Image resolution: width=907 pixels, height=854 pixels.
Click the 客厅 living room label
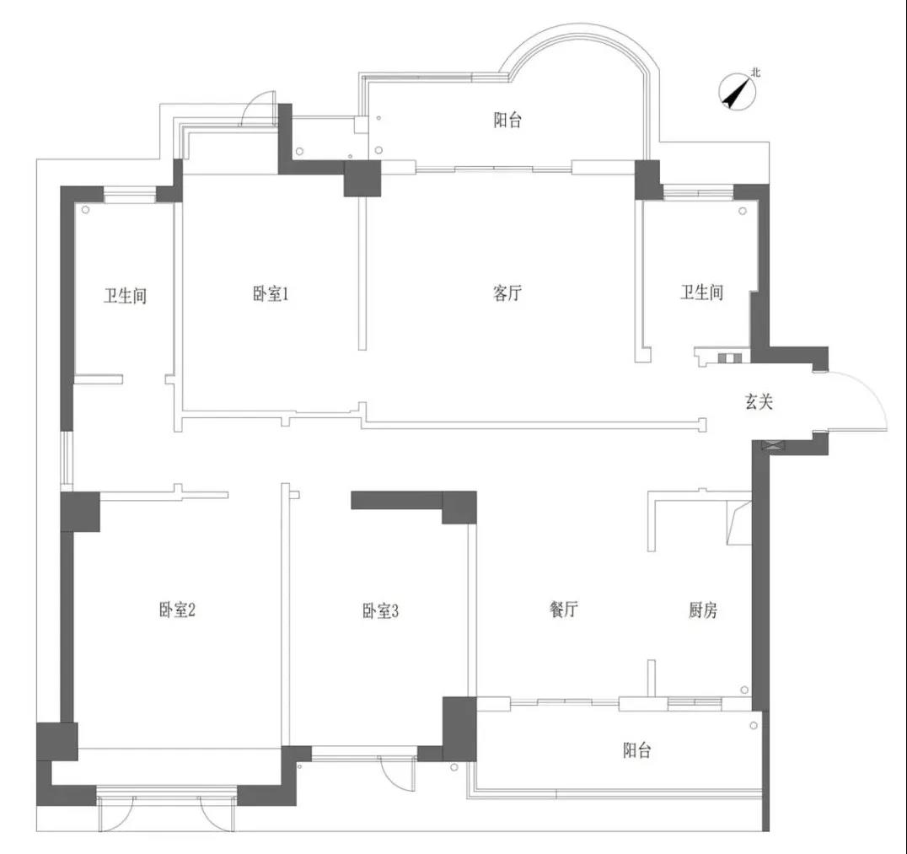507,293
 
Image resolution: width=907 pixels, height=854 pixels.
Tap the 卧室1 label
270,294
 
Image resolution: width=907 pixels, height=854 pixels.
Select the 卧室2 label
177,610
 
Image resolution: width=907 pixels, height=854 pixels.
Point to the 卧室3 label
381,610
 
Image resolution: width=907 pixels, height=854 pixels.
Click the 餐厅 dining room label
563,609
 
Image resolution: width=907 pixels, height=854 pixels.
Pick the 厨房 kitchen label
703,610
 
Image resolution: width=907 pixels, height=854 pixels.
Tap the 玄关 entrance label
759,401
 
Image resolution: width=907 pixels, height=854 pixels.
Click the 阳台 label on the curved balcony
507,120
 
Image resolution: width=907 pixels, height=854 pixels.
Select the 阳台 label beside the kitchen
637,750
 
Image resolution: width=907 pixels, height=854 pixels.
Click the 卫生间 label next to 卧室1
125,296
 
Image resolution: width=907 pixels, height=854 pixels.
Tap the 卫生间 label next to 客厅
701,293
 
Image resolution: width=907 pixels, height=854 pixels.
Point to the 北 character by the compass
756,73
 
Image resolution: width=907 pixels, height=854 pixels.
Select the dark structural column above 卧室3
459,508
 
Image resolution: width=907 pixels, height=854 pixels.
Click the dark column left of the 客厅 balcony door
362,179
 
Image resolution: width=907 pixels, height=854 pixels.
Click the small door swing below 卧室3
393,774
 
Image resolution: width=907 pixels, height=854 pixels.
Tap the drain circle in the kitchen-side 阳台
753,725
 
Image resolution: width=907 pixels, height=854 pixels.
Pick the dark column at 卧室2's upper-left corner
80,512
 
